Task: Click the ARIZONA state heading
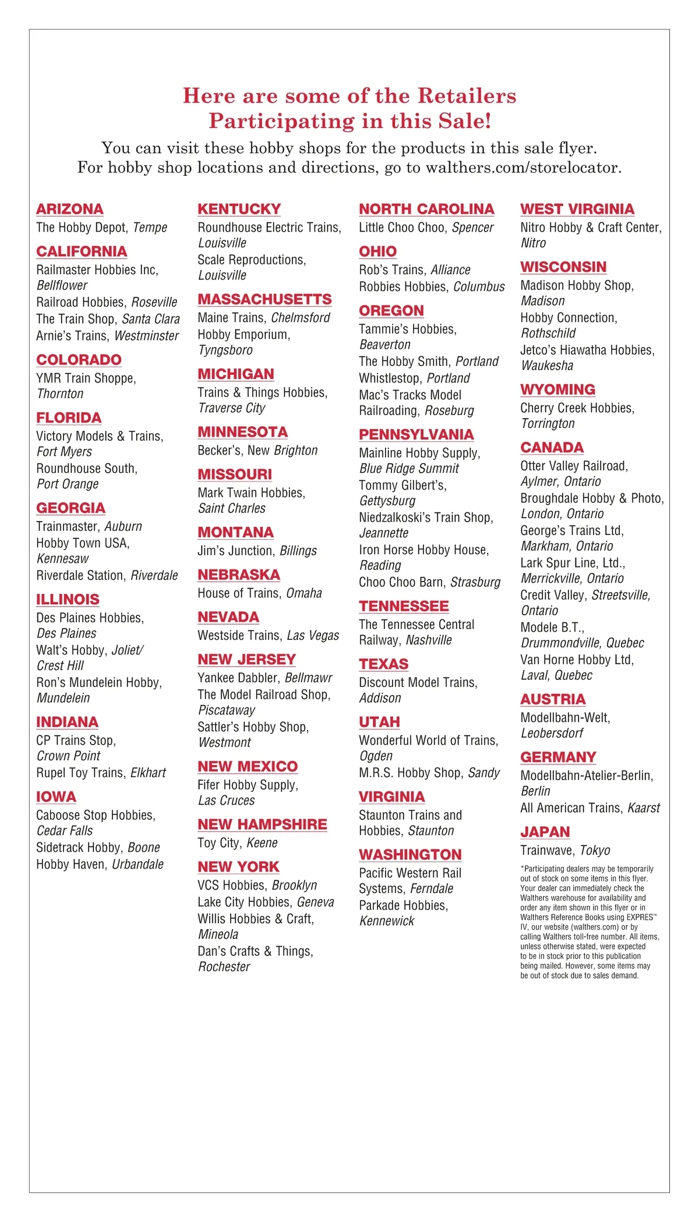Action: pos(70,209)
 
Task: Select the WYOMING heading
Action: pos(557,389)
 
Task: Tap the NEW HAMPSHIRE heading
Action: pos(262,824)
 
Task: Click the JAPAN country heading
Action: pos(545,832)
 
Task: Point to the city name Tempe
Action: pos(150,228)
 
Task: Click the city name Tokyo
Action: pos(595,851)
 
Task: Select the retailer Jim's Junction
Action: pos(235,551)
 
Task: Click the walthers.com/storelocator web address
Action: pos(523,168)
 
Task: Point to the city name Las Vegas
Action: pos(313,636)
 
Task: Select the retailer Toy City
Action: pos(218,843)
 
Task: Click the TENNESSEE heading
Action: pos(404,606)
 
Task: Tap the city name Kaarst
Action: pos(644,808)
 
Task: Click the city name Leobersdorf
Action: pos(552,734)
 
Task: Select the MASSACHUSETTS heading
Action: pos(264,299)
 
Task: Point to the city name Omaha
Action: pos(304,593)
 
